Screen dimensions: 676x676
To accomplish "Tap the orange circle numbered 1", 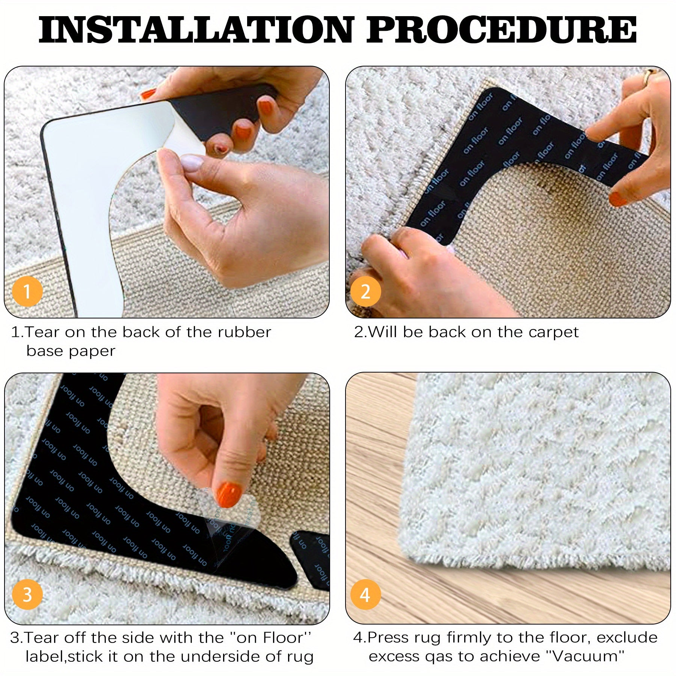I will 27,291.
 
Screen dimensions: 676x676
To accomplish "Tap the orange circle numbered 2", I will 365,292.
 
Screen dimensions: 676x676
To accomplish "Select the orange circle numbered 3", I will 27,595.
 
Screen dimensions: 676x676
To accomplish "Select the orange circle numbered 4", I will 365,595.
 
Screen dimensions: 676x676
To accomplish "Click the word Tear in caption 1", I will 42,332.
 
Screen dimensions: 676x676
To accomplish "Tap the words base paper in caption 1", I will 71,351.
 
